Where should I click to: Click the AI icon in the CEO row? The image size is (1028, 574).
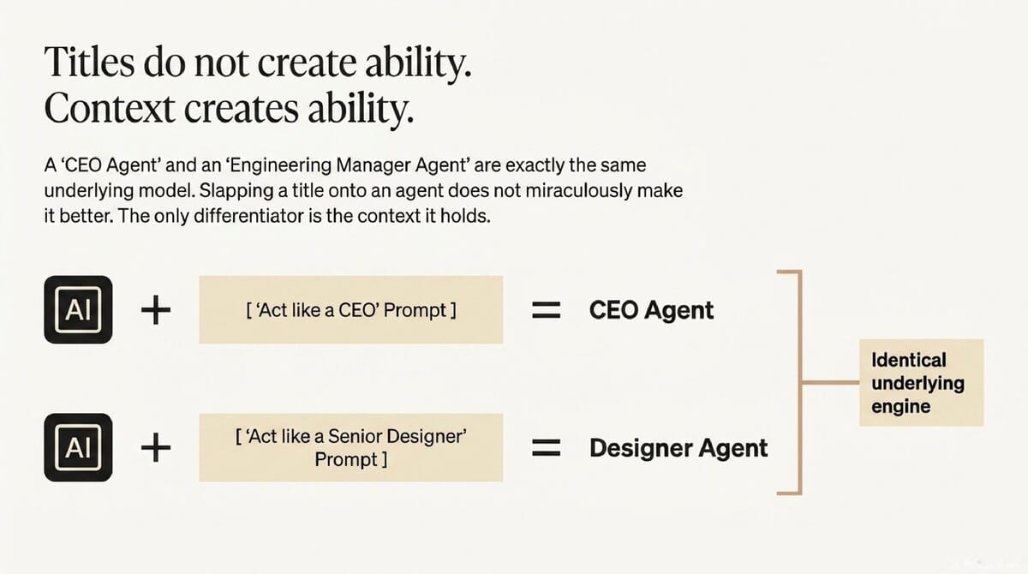click(78, 310)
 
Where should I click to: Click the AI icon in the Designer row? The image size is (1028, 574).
click(78, 447)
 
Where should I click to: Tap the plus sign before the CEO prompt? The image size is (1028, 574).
click(155, 310)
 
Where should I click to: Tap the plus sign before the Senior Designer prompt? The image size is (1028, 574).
click(155, 447)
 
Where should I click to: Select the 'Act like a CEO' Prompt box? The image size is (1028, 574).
click(350, 310)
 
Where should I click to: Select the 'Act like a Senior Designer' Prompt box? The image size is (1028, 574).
click(350, 447)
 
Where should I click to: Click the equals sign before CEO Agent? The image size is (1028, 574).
click(546, 310)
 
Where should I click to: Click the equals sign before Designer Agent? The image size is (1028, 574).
click(546, 447)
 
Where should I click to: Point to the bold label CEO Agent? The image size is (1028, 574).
click(651, 310)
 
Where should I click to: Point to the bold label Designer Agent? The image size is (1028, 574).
click(678, 447)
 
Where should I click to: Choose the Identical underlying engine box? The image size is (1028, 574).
click(921, 382)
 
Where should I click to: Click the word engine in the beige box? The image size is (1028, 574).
click(900, 406)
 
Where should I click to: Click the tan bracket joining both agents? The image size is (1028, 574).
click(798, 382)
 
